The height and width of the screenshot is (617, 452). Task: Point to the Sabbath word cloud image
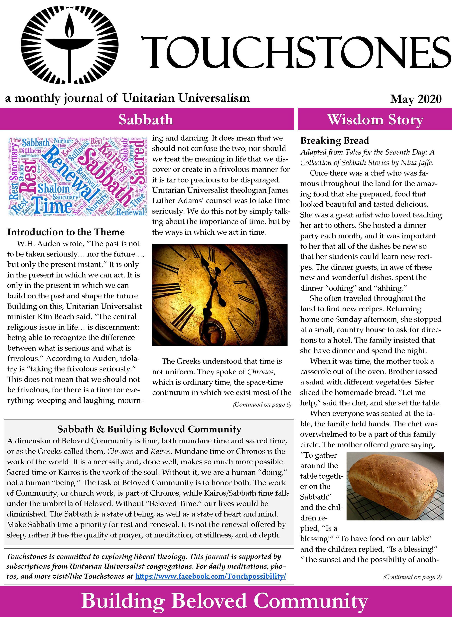tap(77, 177)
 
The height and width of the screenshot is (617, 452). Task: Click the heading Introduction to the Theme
tap(66, 232)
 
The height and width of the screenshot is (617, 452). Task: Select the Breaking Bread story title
tap(335, 140)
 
